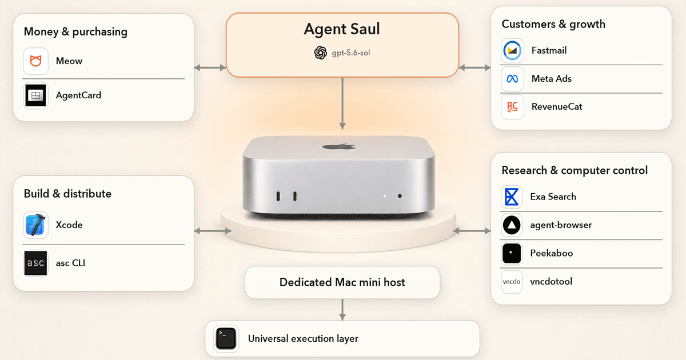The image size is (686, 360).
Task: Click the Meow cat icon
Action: point(35,61)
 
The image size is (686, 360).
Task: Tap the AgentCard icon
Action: point(35,95)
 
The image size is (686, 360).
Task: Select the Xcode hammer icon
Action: point(35,225)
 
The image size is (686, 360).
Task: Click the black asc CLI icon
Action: point(35,263)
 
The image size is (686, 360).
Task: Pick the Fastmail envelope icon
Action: point(512,50)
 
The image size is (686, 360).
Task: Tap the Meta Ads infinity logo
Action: point(512,79)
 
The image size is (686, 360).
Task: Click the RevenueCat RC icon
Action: point(512,107)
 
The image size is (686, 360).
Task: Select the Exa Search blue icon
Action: point(512,197)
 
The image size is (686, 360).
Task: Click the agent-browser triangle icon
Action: point(512,225)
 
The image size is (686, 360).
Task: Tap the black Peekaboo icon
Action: point(512,253)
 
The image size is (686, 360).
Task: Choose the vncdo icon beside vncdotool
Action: point(512,282)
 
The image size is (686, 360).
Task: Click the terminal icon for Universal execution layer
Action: point(226,338)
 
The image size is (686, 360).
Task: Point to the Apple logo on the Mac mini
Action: point(339,147)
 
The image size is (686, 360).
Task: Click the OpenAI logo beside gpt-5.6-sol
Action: point(321,53)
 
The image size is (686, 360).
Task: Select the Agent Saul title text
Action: point(342,29)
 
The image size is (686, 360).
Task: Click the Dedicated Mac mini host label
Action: point(342,282)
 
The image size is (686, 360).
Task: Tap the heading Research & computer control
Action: point(575,170)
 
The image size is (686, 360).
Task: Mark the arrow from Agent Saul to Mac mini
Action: point(342,103)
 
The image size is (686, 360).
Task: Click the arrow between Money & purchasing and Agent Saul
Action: point(210,67)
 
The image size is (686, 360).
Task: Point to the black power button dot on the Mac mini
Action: point(400,196)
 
